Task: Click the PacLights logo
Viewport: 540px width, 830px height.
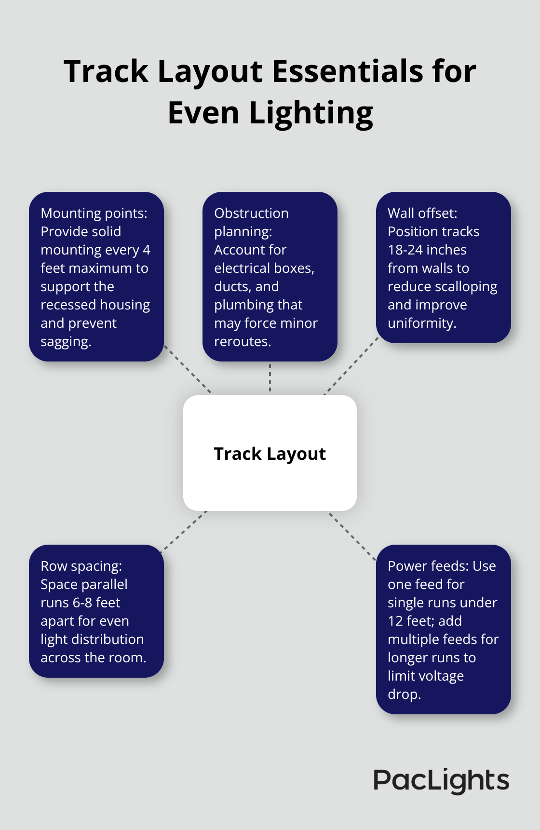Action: pos(441,781)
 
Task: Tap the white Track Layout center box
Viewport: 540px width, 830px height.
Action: pos(270,453)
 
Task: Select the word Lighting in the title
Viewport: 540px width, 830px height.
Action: pos(311,114)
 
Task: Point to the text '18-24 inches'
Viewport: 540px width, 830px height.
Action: pos(427,250)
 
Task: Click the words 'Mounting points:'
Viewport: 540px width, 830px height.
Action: pos(94,213)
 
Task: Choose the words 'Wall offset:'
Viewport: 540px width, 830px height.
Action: pos(422,213)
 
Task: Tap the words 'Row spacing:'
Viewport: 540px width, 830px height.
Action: pos(81,566)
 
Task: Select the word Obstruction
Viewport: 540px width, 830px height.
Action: pos(251,213)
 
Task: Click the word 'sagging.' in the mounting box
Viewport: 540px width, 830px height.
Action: pos(66,342)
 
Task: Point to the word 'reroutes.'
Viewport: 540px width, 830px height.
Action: pos(243,341)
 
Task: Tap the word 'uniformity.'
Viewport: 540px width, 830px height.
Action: pos(422,323)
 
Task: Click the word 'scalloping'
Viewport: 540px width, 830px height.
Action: pos(466,286)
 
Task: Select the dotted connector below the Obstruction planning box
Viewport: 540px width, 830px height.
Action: pos(270,378)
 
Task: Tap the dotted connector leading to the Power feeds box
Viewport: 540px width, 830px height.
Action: pos(351,535)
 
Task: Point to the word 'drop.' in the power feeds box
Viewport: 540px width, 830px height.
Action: pos(404,694)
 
